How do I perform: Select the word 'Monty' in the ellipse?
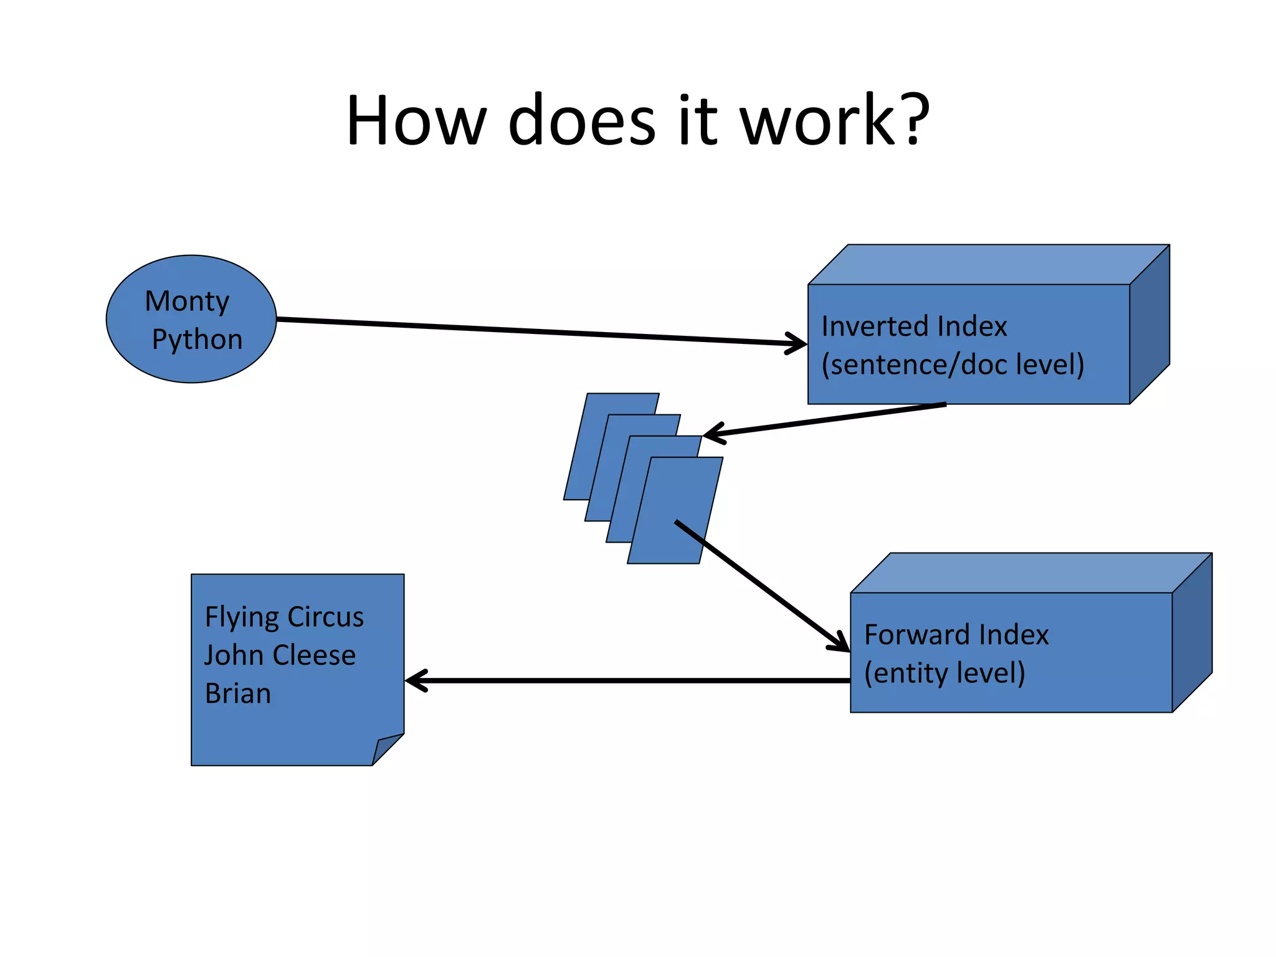click(x=187, y=302)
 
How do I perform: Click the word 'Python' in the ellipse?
click(x=197, y=340)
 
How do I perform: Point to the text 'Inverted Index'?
click(x=914, y=326)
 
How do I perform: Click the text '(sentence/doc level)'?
click(x=953, y=364)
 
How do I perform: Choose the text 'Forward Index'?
click(x=956, y=635)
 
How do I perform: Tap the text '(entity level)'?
click(x=945, y=673)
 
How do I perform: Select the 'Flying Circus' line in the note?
click(x=284, y=617)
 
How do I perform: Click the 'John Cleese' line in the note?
click(x=280, y=655)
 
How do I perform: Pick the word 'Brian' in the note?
click(x=238, y=694)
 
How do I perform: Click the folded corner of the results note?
click(x=385, y=748)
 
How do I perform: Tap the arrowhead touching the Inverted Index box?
click(x=797, y=343)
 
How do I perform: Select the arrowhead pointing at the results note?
click(x=415, y=680)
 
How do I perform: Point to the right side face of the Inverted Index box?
click(x=1150, y=324)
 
